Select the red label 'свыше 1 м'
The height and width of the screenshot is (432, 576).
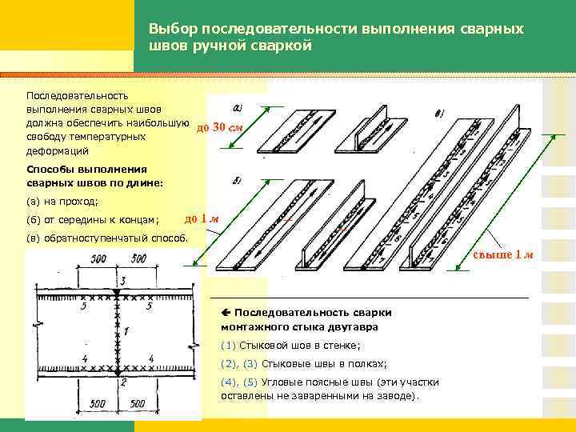(503, 254)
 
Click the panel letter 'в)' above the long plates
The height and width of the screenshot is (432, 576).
(439, 114)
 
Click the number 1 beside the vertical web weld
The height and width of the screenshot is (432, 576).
(126, 330)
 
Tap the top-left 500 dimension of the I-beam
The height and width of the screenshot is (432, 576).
(99, 258)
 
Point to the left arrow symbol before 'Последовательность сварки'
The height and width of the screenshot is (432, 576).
(226, 312)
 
